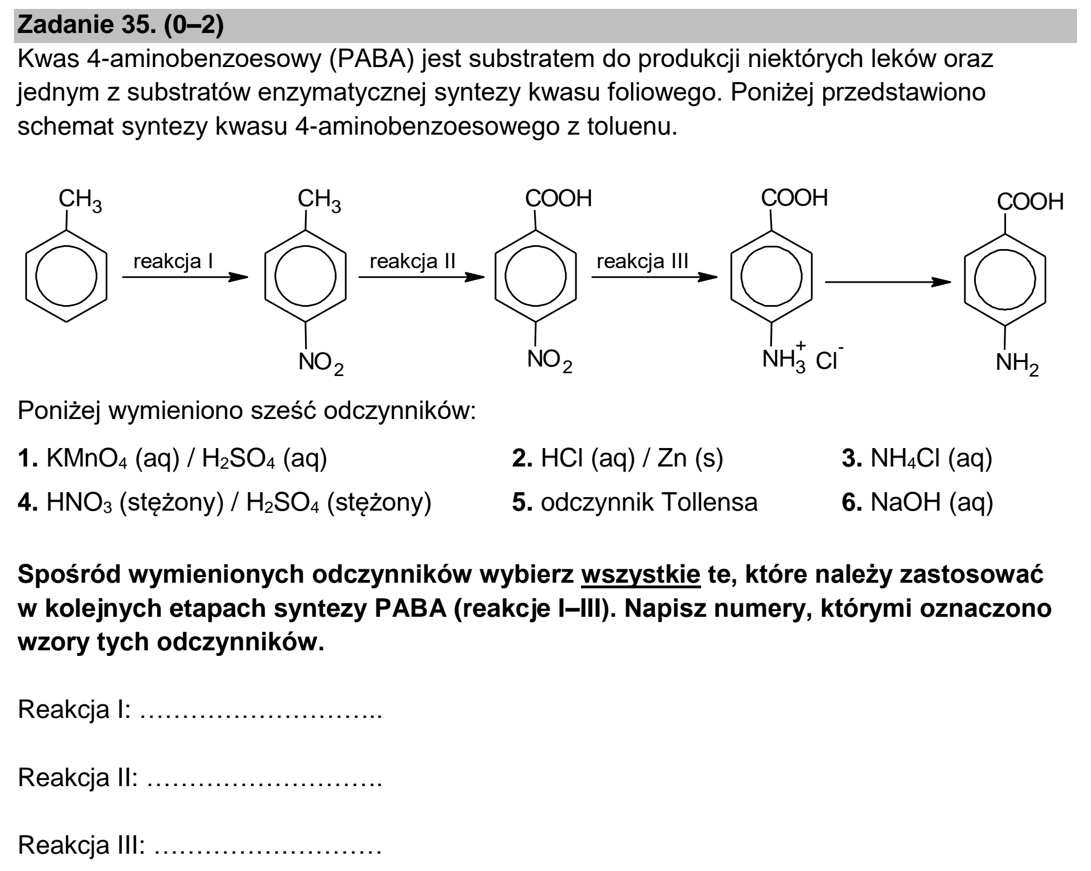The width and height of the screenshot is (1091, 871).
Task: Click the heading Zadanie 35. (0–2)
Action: (x=121, y=26)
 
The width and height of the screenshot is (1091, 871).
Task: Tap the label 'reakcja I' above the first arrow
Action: (x=173, y=261)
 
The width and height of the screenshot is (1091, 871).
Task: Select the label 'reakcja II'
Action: (x=413, y=261)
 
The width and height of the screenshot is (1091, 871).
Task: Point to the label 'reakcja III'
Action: (x=642, y=261)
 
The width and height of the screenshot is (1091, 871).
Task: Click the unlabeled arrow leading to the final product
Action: (x=888, y=282)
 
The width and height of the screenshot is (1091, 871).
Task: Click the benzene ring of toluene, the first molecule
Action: (x=66, y=276)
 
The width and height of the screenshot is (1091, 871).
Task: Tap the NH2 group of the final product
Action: (x=1017, y=364)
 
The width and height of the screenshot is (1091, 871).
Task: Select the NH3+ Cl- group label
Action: (x=803, y=358)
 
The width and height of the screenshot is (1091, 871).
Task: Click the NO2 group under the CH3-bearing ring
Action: (x=321, y=364)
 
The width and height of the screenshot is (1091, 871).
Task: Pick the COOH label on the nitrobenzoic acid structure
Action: (x=558, y=198)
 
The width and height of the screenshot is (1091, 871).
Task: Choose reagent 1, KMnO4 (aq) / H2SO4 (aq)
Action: (x=173, y=459)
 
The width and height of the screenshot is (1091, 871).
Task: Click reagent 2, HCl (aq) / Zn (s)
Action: (x=617, y=459)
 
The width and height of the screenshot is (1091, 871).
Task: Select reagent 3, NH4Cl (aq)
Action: (x=917, y=459)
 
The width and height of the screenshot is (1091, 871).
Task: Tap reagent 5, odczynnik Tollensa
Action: (x=635, y=502)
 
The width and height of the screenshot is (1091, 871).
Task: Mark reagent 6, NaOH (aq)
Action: (x=917, y=502)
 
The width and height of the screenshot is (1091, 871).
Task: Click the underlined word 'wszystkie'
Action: (x=640, y=575)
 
